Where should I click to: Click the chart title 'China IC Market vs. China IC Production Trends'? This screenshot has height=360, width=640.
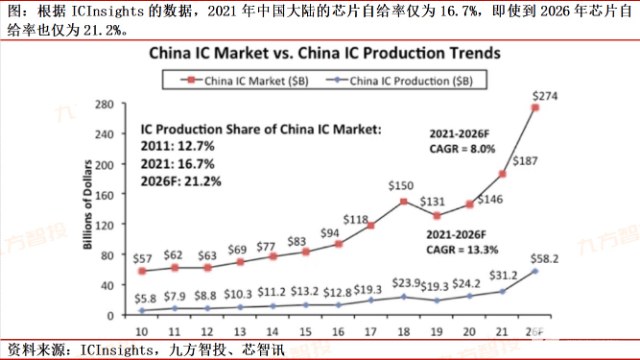pyautogui.click(x=319, y=50)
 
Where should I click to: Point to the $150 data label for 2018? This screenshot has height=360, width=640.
pyautogui.click(x=401, y=186)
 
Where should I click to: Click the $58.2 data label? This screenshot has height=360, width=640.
pyautogui.click(x=545, y=257)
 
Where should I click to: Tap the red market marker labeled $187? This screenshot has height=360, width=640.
pyautogui.click(x=503, y=174)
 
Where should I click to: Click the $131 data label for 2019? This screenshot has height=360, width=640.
pyautogui.click(x=432, y=200)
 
